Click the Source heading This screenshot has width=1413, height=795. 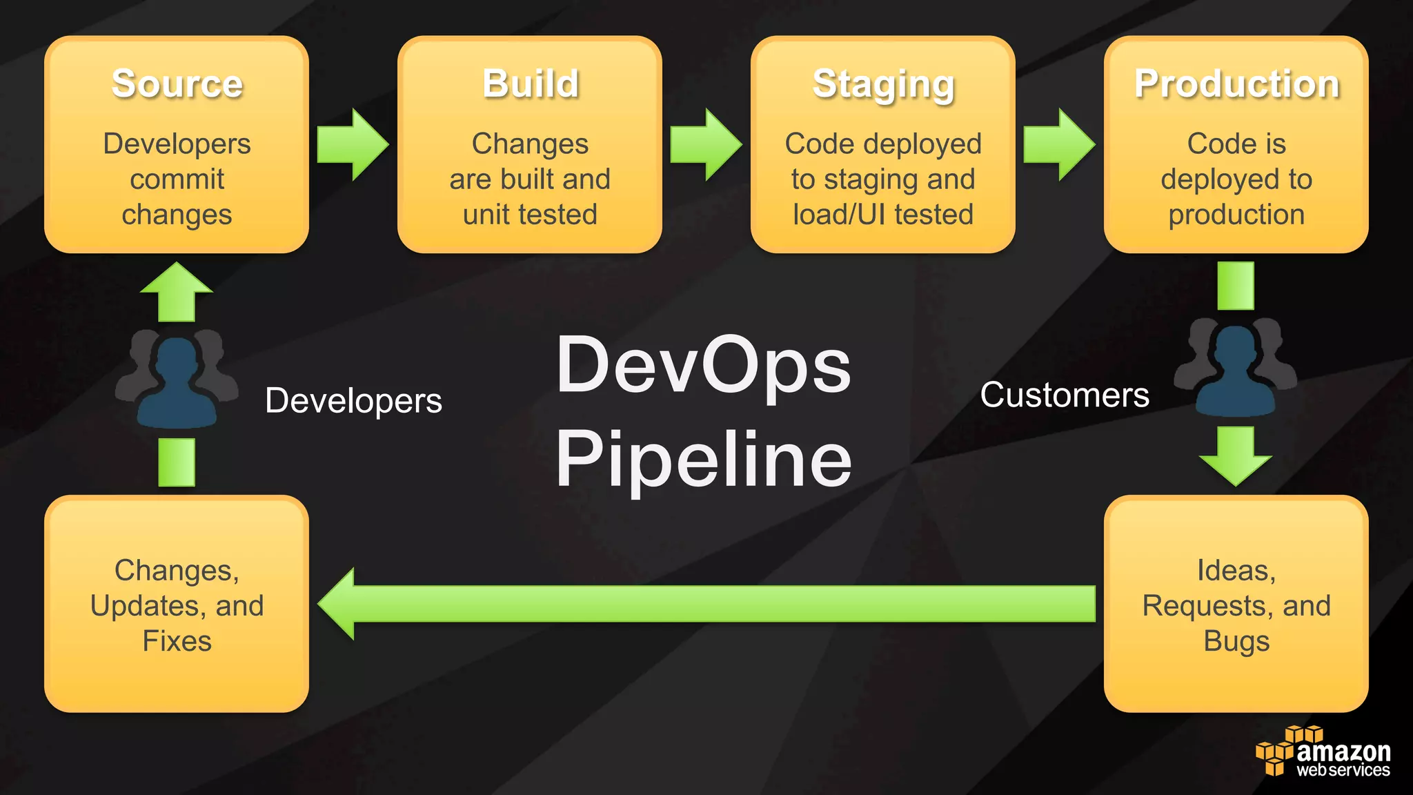tap(177, 84)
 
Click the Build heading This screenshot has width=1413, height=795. tap(530, 84)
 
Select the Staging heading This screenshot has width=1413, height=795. tap(883, 86)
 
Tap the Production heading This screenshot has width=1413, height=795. tap(1236, 84)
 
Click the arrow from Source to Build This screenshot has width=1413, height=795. tap(353, 145)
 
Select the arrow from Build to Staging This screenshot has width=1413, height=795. tap(706, 145)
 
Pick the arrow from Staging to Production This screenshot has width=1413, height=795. tap(1059, 145)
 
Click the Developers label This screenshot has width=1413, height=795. tap(353, 400)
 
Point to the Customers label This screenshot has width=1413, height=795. tap(1065, 395)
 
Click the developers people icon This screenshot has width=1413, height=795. tap(177, 380)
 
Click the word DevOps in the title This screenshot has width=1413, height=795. tap(704, 366)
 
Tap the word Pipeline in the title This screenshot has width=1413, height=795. tap(704, 459)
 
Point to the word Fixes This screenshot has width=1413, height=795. tap(177, 641)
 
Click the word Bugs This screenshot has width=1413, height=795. tap(1236, 641)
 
